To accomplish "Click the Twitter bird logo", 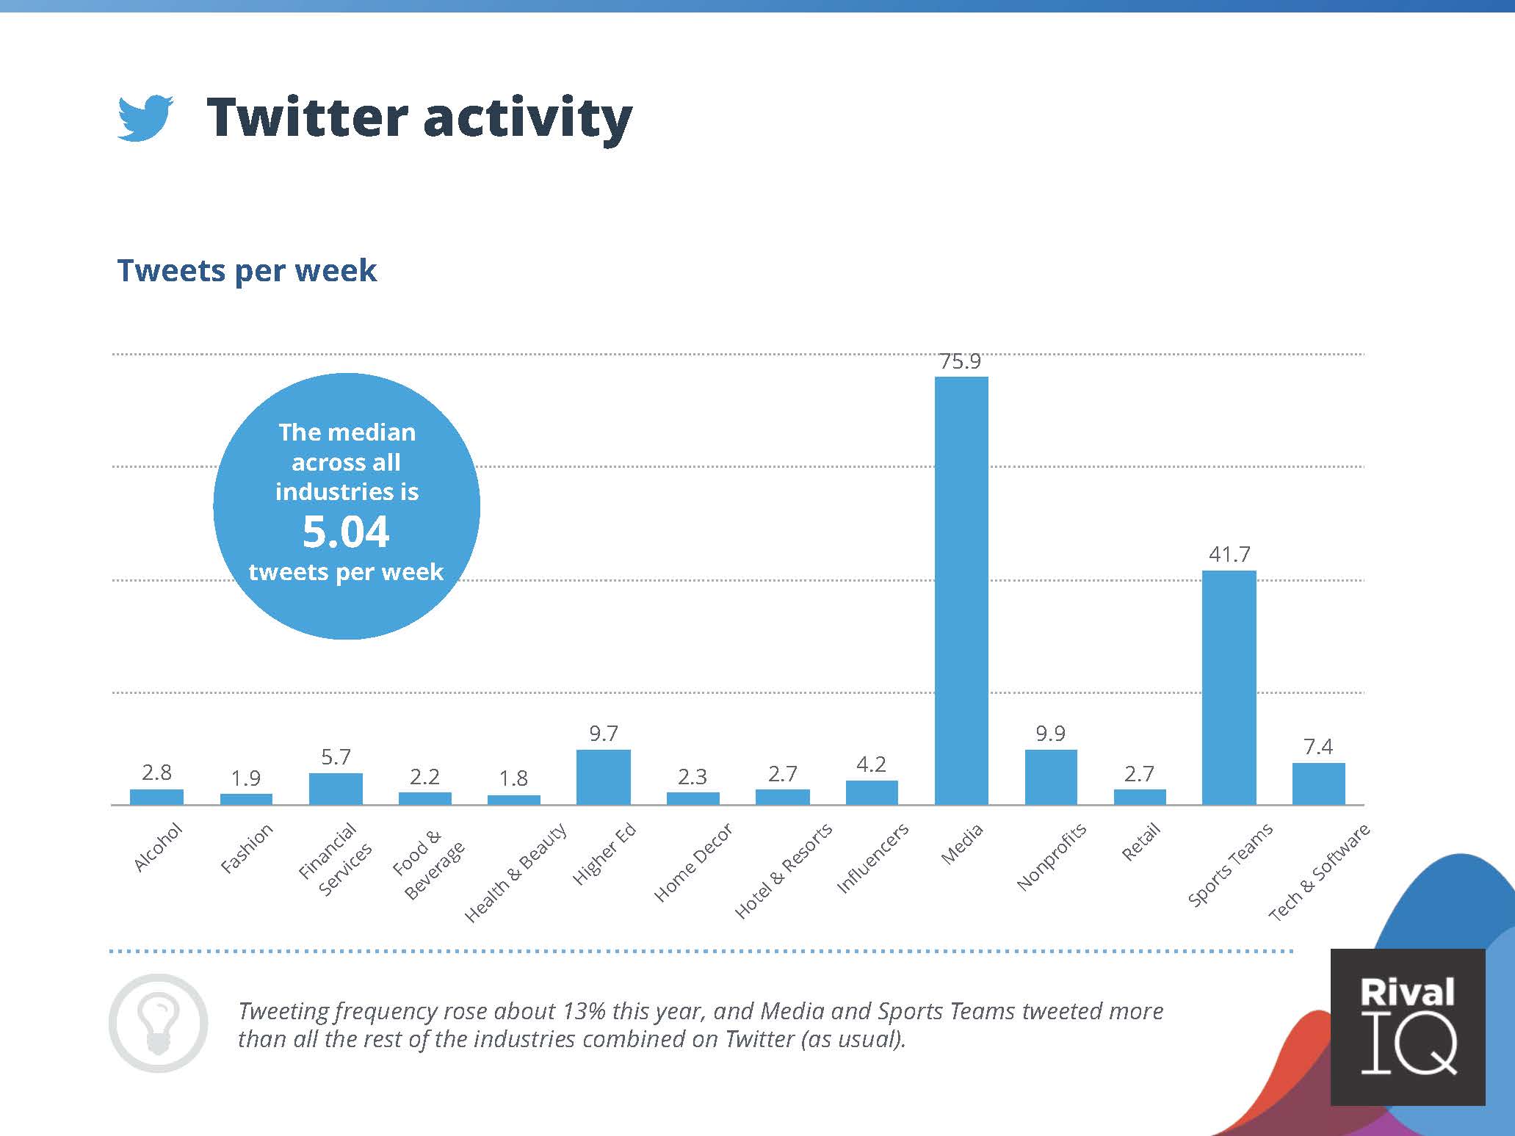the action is pyautogui.click(x=145, y=117).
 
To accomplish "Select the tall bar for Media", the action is pyautogui.click(x=961, y=590).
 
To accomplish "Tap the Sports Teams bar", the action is pyautogui.click(x=1229, y=687).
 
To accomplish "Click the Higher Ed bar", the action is pyautogui.click(x=603, y=777).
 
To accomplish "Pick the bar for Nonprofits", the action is pyautogui.click(x=1051, y=777).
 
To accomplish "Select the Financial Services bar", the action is pyautogui.click(x=336, y=789).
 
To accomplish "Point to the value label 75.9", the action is pyautogui.click(x=961, y=361).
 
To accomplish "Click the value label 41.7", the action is pyautogui.click(x=1229, y=554).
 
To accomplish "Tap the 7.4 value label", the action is pyautogui.click(x=1318, y=747).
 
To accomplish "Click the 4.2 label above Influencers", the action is pyautogui.click(x=871, y=764).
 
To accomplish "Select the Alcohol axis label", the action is pyautogui.click(x=157, y=847).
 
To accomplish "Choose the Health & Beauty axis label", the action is pyautogui.click(x=516, y=872).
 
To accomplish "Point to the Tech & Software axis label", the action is pyautogui.click(x=1319, y=872).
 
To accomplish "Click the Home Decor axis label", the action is pyautogui.click(x=693, y=862).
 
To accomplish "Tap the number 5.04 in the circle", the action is pyautogui.click(x=346, y=532).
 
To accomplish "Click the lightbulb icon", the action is pyautogui.click(x=158, y=1024).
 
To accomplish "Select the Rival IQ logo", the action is pyautogui.click(x=1408, y=1027).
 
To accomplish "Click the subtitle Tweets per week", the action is pyautogui.click(x=247, y=270).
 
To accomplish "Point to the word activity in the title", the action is pyautogui.click(x=527, y=118).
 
